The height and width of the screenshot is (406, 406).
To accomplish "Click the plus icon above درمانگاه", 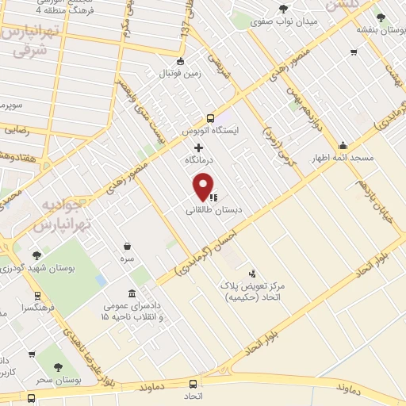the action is click(198, 148).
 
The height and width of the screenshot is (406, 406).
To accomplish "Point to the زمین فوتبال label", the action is click(181, 73).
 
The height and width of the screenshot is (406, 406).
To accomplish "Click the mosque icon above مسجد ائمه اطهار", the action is click(343, 145).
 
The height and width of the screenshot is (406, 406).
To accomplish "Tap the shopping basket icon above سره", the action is click(127, 247).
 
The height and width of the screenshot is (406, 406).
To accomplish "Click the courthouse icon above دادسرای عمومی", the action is click(131, 293).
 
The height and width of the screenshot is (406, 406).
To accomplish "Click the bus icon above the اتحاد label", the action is click(194, 382).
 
